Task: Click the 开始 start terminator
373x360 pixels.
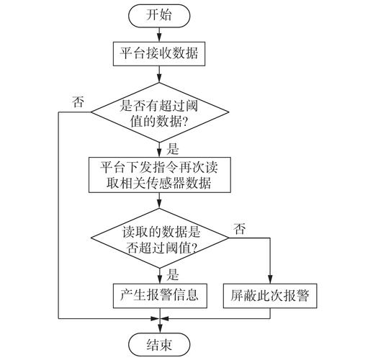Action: (x=159, y=14)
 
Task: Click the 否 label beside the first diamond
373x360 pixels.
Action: (x=78, y=102)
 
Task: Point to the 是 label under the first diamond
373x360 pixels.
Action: (x=172, y=149)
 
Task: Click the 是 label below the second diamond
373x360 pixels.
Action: (x=172, y=274)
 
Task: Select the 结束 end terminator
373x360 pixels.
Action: (x=159, y=343)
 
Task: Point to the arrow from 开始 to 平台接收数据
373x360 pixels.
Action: (x=159, y=32)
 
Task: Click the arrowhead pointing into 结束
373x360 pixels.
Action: (x=159, y=328)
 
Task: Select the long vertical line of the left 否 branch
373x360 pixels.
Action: (x=58, y=216)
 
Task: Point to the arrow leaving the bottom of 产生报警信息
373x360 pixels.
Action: (x=159, y=311)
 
